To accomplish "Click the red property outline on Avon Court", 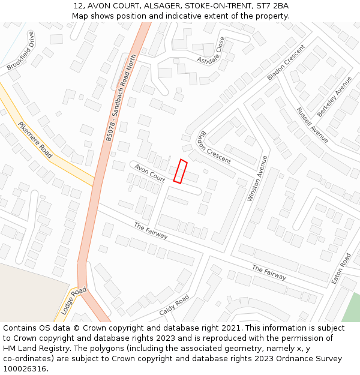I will [181, 170].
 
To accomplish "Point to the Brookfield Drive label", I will [21, 51].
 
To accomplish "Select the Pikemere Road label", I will [35, 140].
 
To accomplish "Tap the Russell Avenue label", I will [312, 125].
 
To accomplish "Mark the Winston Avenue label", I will [257, 178].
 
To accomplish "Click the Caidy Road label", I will [174, 305].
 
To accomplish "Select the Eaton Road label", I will [341, 268].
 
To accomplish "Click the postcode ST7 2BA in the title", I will [274, 6].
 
